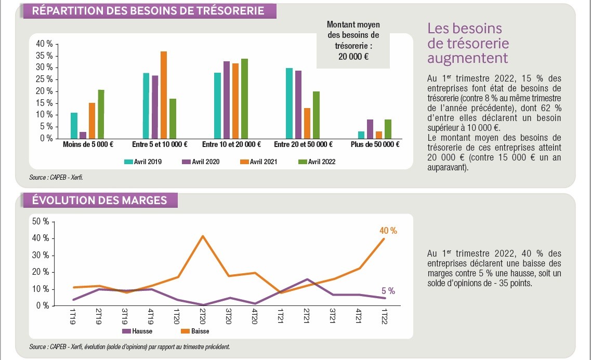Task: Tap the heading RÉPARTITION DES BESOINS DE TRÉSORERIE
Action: pyautogui.click(x=148, y=11)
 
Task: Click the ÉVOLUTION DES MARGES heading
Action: pyautogui.click(x=99, y=200)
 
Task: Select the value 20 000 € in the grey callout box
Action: pyautogui.click(x=353, y=57)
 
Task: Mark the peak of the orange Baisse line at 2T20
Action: pyautogui.click(x=202, y=236)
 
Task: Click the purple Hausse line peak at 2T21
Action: pyautogui.click(x=307, y=279)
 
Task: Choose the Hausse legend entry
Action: pyautogui.click(x=137, y=331)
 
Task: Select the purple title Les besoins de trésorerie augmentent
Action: pyautogui.click(x=467, y=43)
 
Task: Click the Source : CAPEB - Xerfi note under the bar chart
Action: pyautogui.click(x=56, y=178)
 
